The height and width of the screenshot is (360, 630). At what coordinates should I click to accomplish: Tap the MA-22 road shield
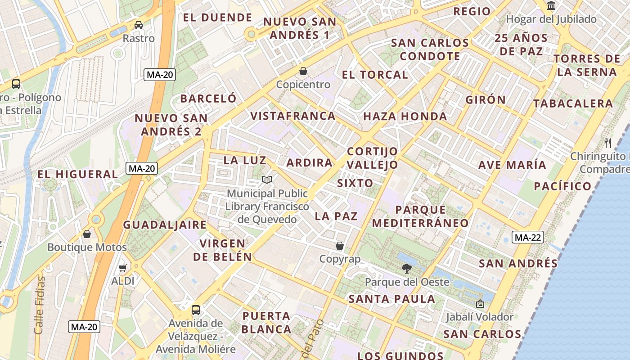click(x=528, y=237)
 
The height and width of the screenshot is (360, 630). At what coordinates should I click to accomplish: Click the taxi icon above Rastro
click(x=139, y=25)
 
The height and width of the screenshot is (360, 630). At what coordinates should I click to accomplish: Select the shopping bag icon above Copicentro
click(x=303, y=71)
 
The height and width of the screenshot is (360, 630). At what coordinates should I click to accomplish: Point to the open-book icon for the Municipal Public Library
click(x=267, y=180)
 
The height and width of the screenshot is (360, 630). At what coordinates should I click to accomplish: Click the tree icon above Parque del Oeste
click(x=406, y=269)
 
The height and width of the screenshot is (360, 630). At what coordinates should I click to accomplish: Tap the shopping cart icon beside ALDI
click(x=122, y=268)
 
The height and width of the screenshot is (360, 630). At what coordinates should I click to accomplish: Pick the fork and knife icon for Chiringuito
click(x=608, y=143)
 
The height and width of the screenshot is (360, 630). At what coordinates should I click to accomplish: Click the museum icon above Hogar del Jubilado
click(x=551, y=6)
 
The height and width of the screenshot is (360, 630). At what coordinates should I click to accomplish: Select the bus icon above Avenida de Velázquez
click(x=196, y=310)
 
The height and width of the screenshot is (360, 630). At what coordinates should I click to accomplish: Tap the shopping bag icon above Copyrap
click(x=340, y=246)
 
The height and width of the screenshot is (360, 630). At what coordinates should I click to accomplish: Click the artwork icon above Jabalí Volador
click(x=480, y=304)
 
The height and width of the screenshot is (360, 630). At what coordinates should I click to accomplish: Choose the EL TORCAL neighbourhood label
click(x=375, y=75)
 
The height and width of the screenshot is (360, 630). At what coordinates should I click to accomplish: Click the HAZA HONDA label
click(x=405, y=117)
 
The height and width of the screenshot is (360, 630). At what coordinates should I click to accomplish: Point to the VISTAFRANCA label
click(x=293, y=116)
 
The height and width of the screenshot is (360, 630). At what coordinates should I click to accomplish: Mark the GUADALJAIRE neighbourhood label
click(x=165, y=225)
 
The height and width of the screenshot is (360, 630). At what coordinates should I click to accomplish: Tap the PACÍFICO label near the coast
click(x=562, y=186)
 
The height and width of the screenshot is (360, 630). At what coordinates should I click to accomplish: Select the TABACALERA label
click(x=573, y=103)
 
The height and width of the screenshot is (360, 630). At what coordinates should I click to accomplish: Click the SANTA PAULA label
click(x=392, y=299)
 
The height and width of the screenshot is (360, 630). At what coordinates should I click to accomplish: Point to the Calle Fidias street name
click(x=40, y=305)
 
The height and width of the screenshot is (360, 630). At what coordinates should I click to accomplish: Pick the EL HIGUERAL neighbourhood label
click(x=77, y=175)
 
